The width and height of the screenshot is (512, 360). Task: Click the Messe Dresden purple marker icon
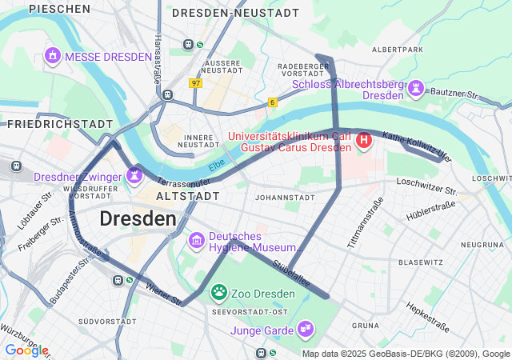53,57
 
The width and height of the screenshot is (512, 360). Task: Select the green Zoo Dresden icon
218,293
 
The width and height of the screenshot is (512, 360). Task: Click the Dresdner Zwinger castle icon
134,175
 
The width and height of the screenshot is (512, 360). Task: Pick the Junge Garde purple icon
305,329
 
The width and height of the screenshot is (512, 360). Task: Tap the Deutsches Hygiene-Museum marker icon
196,240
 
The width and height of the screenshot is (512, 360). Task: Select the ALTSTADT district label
187,196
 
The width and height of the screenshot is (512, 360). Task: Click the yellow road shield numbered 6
273,102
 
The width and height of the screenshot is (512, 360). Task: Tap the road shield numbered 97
196,82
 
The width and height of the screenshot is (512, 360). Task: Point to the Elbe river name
216,166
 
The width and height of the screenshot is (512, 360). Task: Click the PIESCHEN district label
59,9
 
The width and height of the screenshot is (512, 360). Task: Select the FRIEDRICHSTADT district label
60,124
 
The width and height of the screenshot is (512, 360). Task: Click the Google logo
26,350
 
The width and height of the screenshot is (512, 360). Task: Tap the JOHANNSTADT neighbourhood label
282,197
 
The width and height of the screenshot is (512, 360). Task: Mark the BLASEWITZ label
421,262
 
